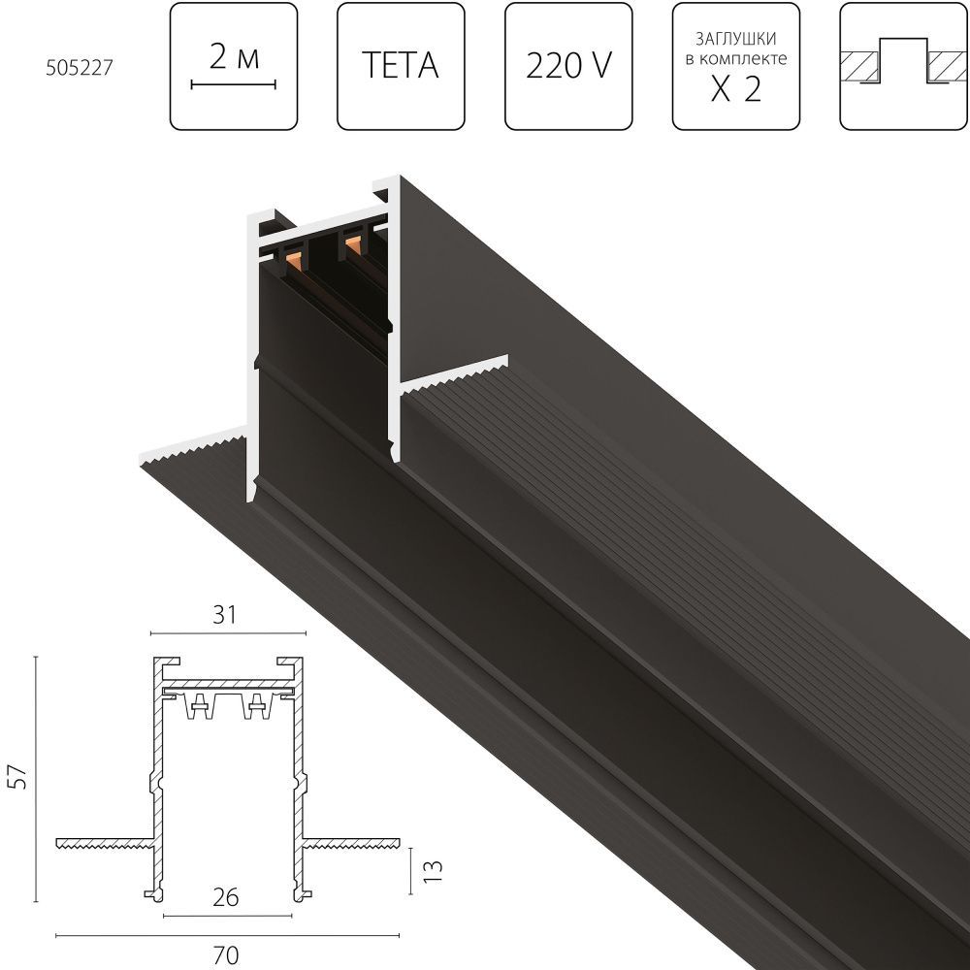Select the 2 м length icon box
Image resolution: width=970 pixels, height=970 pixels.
pyautogui.click(x=234, y=67)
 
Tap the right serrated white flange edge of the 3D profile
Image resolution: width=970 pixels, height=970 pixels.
pyautogui.click(x=456, y=374)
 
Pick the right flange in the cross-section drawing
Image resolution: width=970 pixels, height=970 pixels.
pyautogui.click(x=351, y=840)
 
